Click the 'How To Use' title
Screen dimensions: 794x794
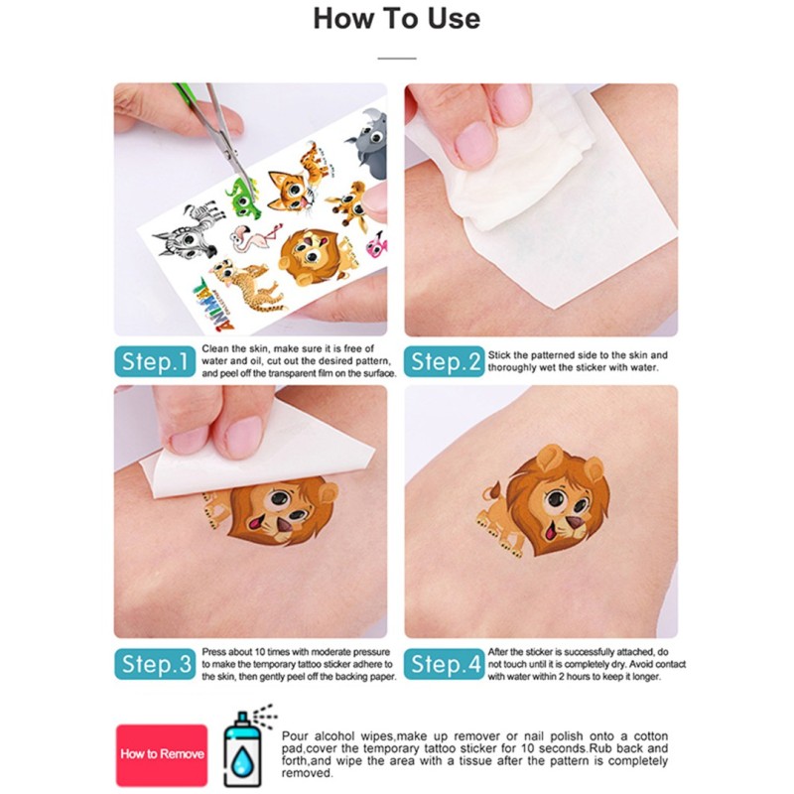coord(396,19)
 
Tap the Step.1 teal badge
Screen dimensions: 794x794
coord(155,361)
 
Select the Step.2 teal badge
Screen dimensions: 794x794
coord(444,361)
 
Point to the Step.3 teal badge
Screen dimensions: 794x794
coord(155,664)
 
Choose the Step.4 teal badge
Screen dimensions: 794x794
coord(444,664)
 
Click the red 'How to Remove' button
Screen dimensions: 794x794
coord(162,754)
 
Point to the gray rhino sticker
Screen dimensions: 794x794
coord(368,138)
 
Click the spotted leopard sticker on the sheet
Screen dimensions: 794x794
coord(246,286)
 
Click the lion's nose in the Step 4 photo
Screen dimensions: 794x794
coord(574,523)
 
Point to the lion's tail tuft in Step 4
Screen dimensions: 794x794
coord(491,490)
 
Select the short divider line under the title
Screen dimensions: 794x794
coord(396,59)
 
